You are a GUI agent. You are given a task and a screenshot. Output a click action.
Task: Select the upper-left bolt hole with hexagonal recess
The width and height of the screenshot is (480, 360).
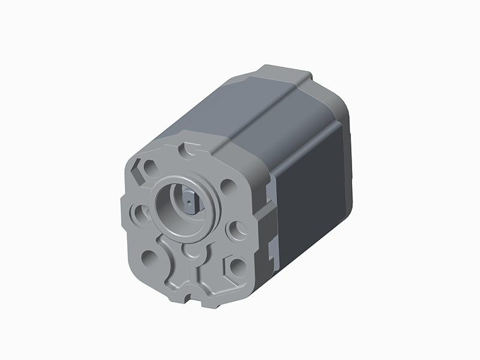click(148, 169)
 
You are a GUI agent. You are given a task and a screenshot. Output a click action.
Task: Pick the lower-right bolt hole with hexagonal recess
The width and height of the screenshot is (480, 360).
click(237, 266)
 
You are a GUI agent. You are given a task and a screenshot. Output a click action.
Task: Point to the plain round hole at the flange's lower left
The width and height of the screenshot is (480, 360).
click(149, 258)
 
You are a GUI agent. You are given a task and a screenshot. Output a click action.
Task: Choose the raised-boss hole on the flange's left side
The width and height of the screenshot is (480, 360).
click(140, 212)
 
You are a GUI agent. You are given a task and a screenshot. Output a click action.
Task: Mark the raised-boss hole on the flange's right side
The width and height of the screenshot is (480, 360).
click(238, 229)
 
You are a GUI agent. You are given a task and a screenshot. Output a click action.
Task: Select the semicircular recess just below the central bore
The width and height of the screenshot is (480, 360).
click(191, 251)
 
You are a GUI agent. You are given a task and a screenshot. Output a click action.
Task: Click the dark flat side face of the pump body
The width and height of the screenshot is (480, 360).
click(312, 192)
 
